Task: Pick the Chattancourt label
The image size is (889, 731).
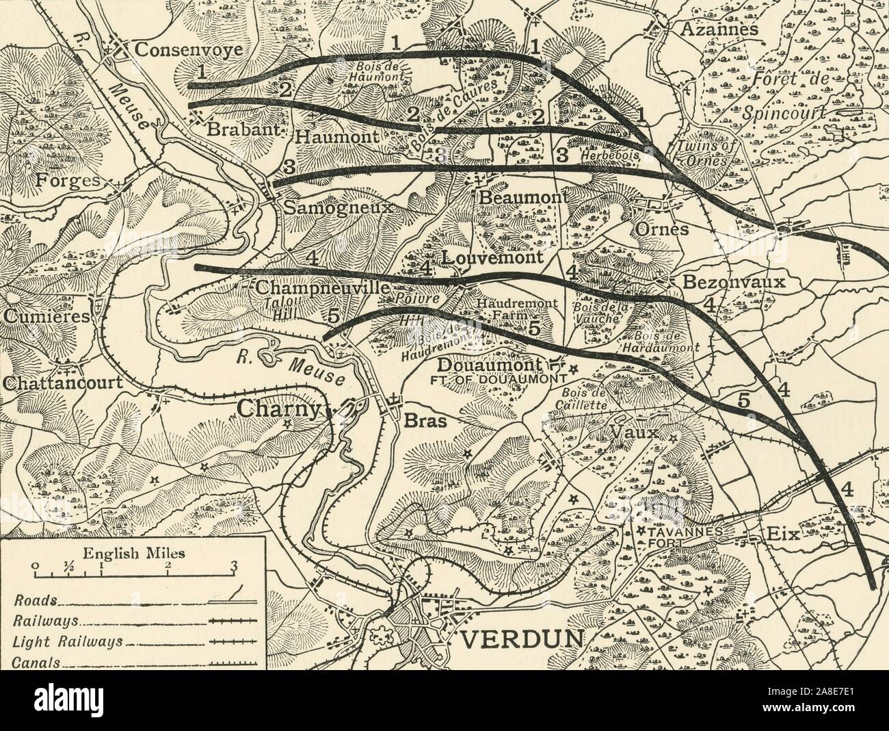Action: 61,383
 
